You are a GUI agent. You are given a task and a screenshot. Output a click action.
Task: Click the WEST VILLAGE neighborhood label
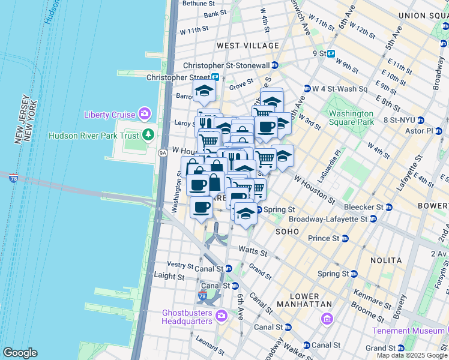(x=248, y=46)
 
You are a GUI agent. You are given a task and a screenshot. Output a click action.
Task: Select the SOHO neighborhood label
(x=288, y=232)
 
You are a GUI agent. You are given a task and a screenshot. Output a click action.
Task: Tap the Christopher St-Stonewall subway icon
(x=275, y=65)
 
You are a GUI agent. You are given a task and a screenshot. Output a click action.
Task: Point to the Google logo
(x=20, y=353)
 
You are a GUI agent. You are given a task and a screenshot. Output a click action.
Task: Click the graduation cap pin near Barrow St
(x=204, y=92)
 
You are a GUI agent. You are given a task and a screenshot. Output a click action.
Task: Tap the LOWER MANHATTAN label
(x=304, y=301)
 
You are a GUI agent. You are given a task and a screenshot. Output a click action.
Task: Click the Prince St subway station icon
(x=345, y=238)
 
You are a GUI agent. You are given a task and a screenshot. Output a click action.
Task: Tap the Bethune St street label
(x=194, y=3)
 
